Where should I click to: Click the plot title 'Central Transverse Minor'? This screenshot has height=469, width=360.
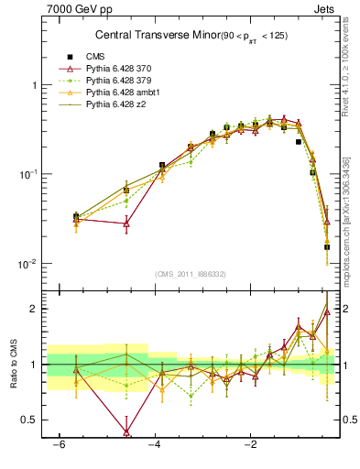pyautogui.click(x=147, y=36)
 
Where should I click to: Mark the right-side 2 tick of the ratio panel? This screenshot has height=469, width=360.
pyautogui.click(x=346, y=309)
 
